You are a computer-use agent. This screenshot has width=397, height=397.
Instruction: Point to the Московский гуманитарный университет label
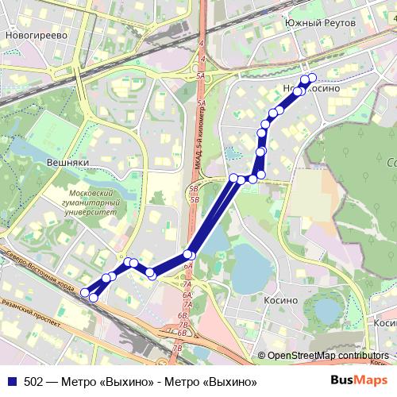(94, 204)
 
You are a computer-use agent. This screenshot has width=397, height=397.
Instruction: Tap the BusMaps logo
(354, 382)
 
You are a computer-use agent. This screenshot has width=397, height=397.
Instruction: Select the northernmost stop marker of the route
(312, 77)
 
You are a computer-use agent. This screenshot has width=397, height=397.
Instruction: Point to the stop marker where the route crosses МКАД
(189, 254)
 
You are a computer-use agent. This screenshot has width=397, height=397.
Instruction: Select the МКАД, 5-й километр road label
(201, 139)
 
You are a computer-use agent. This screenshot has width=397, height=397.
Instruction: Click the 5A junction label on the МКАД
(200, 74)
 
